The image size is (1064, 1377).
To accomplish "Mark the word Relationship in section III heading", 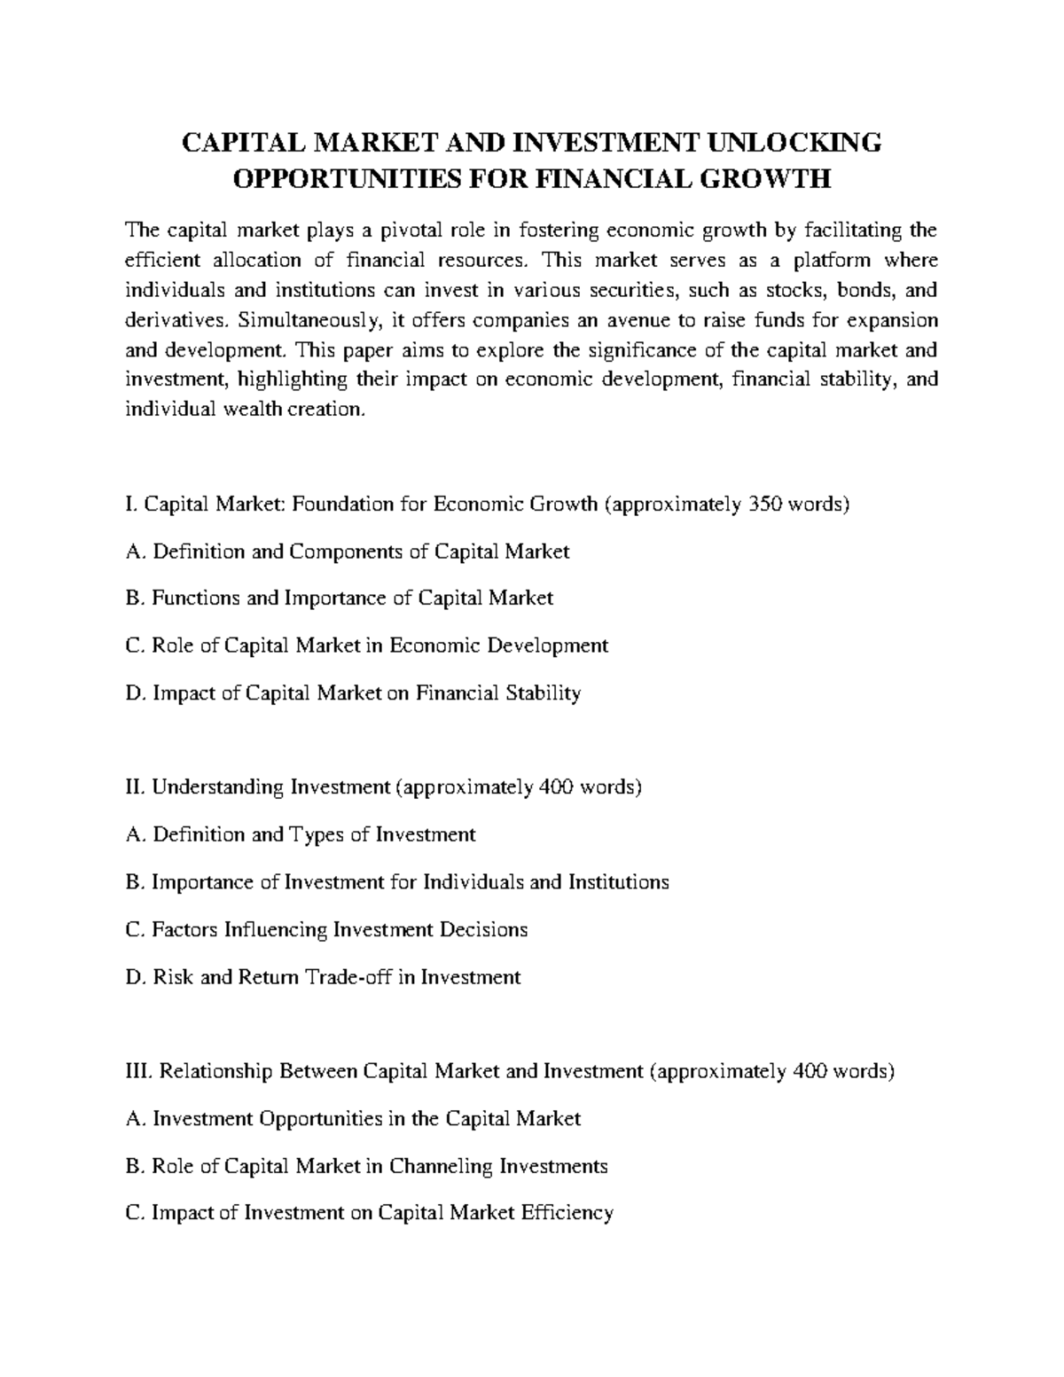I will click(217, 1071).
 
